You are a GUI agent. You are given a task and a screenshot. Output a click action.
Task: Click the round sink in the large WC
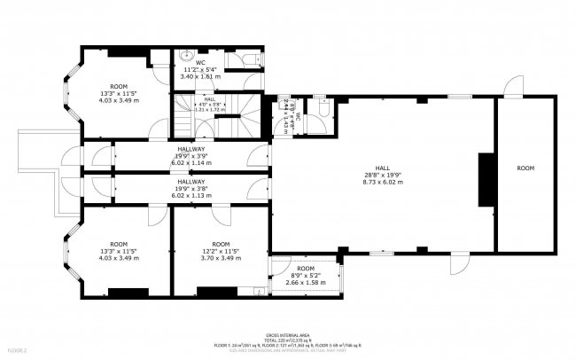coord(180,55)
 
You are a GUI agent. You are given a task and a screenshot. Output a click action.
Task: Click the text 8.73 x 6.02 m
coord(383,181)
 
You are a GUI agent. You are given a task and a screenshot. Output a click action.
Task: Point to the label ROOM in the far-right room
coord(525,168)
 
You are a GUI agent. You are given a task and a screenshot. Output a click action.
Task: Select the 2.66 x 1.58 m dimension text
coord(306,282)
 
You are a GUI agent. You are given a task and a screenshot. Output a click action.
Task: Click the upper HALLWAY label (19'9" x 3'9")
coord(191,148)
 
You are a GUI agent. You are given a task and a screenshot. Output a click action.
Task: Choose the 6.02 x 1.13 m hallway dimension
coord(191,195)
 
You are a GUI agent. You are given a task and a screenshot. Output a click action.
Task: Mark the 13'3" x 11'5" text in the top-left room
coord(118,68)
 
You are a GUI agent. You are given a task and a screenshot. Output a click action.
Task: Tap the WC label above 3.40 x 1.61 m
coord(200,61)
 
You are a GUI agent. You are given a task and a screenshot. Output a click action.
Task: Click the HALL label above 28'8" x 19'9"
coord(383,167)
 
